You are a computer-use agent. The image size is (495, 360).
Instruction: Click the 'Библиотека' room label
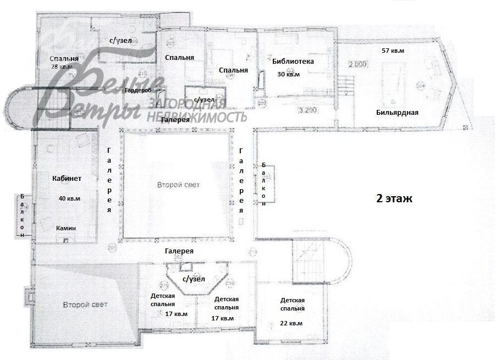tap(293, 62)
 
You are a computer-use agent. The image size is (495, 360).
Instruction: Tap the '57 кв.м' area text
tap(393, 51)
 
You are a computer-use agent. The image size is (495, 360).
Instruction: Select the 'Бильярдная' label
tap(398, 113)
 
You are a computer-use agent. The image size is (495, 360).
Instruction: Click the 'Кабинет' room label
tap(67, 178)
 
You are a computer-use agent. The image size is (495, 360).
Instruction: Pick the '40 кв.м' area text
tap(69, 198)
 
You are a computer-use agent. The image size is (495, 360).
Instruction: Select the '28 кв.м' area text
tap(62, 67)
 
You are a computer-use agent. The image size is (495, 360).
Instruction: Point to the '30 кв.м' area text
tap(288, 74)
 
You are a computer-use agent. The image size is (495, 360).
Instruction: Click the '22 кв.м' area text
tap(291, 323)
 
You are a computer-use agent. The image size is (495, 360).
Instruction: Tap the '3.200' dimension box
tap(309, 110)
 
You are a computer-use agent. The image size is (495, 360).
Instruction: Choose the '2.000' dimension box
tap(358, 64)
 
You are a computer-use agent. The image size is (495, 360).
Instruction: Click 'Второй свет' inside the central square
tap(178, 185)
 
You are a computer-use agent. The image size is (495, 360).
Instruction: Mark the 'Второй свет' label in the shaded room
tap(85, 304)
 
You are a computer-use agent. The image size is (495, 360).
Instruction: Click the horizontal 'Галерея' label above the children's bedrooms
tap(179, 251)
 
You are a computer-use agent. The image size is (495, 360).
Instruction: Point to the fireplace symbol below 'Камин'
tap(67, 239)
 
